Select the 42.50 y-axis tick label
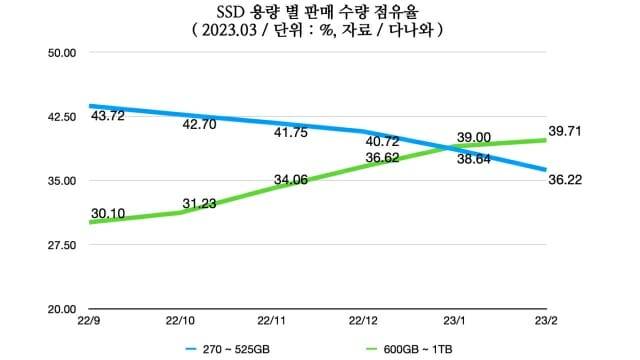pos(62,117)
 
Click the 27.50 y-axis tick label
pos(62,245)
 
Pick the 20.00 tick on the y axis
pos(62,309)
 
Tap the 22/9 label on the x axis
pos(89,321)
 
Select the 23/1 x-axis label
pos(458,321)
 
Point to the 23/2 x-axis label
pos(546,321)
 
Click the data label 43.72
pos(107,117)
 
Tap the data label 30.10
pos(107,213)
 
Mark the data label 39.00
pos(474,137)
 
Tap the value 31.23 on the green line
pos(200,204)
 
